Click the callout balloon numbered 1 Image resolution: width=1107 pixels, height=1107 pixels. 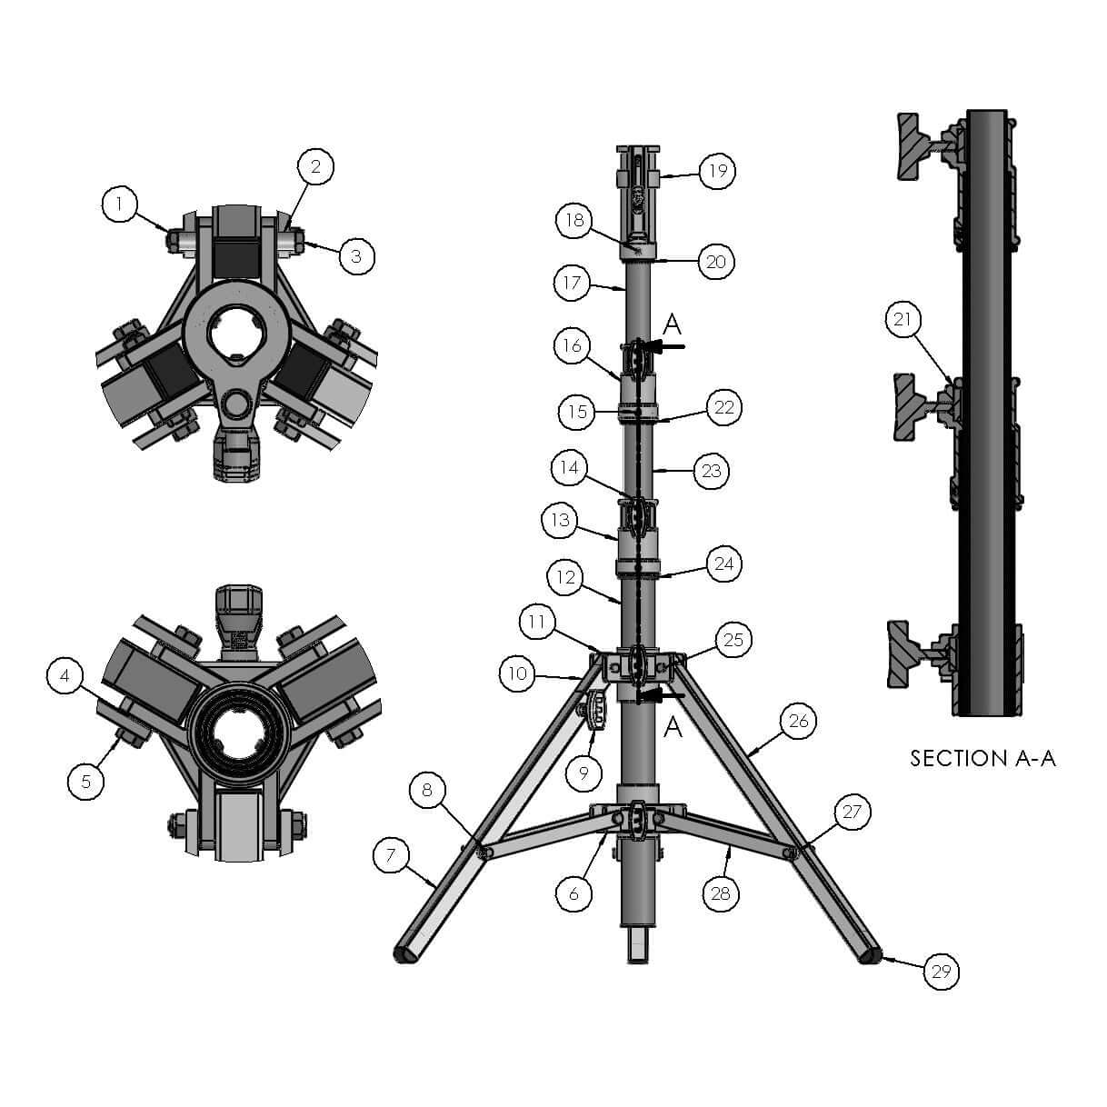(x=119, y=204)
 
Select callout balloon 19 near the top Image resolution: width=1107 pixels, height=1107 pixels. (x=717, y=171)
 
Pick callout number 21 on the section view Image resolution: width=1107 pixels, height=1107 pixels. (x=903, y=319)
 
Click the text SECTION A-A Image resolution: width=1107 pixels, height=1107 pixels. (x=982, y=758)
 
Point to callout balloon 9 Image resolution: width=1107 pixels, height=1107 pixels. (x=583, y=773)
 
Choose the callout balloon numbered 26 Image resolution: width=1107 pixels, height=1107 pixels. (x=799, y=721)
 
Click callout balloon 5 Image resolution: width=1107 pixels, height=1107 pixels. (x=85, y=782)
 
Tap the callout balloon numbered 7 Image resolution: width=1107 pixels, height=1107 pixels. (x=391, y=855)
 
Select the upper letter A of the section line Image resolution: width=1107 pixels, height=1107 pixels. (x=673, y=324)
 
